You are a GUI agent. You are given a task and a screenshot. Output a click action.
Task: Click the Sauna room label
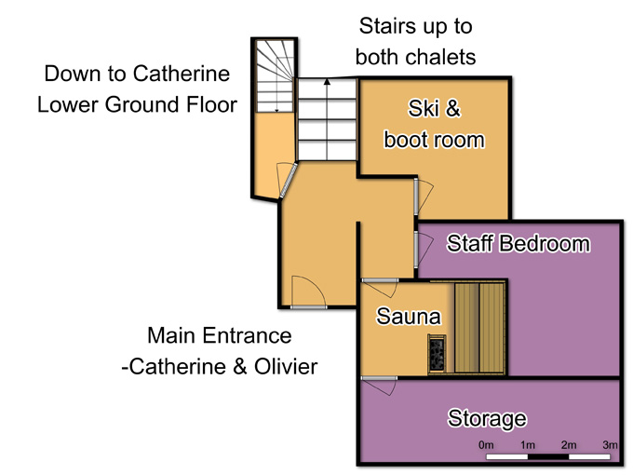[x=408, y=316]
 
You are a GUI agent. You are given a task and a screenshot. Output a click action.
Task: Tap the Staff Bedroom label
[x=519, y=244]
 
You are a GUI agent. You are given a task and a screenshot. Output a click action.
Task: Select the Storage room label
[x=487, y=418]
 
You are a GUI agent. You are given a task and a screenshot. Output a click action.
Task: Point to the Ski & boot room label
[x=434, y=124]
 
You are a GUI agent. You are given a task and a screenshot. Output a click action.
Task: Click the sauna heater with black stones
[x=438, y=352]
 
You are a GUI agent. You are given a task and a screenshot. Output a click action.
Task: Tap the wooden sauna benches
[x=479, y=328]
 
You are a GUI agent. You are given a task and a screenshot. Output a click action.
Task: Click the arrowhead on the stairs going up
[x=327, y=82]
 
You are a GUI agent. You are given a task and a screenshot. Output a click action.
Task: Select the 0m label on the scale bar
[x=486, y=444]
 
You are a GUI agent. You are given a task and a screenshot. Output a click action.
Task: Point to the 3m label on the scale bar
[x=610, y=444]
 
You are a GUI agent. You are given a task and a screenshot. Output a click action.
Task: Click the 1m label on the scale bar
[x=528, y=444]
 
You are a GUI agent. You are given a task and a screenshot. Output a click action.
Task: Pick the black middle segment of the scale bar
[x=548, y=456]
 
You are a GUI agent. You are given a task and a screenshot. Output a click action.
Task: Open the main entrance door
[x=309, y=292]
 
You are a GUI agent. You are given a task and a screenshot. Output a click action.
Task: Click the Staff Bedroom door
[x=424, y=249]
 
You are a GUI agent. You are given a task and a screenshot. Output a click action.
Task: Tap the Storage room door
[x=379, y=385]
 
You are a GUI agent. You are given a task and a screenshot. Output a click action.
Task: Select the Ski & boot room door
[x=424, y=196]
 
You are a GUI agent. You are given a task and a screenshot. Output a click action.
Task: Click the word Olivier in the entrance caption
[x=286, y=366]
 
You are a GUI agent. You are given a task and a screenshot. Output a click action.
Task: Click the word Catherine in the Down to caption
[x=182, y=74]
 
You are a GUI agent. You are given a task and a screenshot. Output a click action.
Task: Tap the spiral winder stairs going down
[x=275, y=75]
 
